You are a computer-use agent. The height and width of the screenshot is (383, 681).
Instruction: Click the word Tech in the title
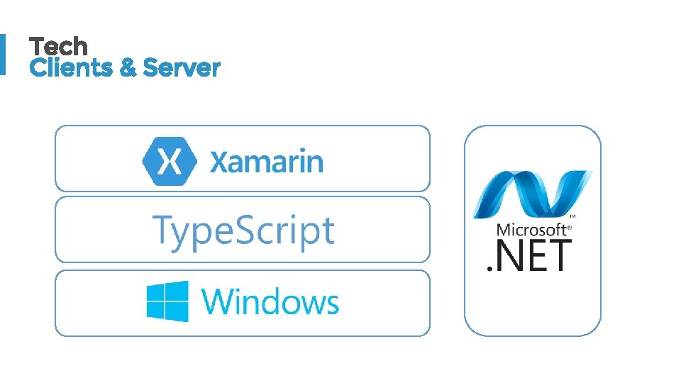pos(58,47)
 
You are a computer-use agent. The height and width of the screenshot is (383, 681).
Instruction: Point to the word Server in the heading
pos(182,68)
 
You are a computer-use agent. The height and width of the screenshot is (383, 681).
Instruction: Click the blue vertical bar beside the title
pos(2,54)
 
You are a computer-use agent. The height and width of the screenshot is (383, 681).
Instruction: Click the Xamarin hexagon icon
pos(169,160)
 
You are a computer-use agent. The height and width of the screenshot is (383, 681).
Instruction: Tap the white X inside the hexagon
pos(169,160)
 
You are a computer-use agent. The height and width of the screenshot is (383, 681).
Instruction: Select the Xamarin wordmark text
pos(266,162)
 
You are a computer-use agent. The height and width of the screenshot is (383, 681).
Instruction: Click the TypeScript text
pos(243,231)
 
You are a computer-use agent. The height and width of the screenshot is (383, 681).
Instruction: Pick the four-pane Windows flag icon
pos(167,301)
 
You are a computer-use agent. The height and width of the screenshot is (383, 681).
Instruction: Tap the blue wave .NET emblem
pos(532,194)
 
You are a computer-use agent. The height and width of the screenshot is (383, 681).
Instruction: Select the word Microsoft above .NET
pos(531,229)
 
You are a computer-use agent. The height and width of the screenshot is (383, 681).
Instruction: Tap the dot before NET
pos(488,268)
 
